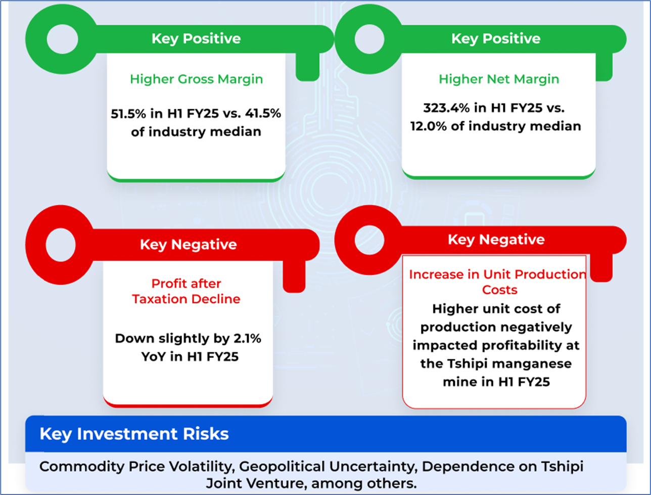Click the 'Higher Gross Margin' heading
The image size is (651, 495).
[196, 79]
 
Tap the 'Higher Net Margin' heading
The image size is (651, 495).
[498, 79]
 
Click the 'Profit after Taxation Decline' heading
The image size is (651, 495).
[186, 291]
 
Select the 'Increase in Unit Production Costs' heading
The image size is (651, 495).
[497, 282]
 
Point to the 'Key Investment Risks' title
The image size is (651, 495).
[134, 434]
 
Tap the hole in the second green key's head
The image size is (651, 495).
[369, 39]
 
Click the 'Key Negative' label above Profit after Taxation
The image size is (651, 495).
[188, 245]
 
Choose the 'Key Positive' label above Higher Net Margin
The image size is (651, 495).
[495, 39]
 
